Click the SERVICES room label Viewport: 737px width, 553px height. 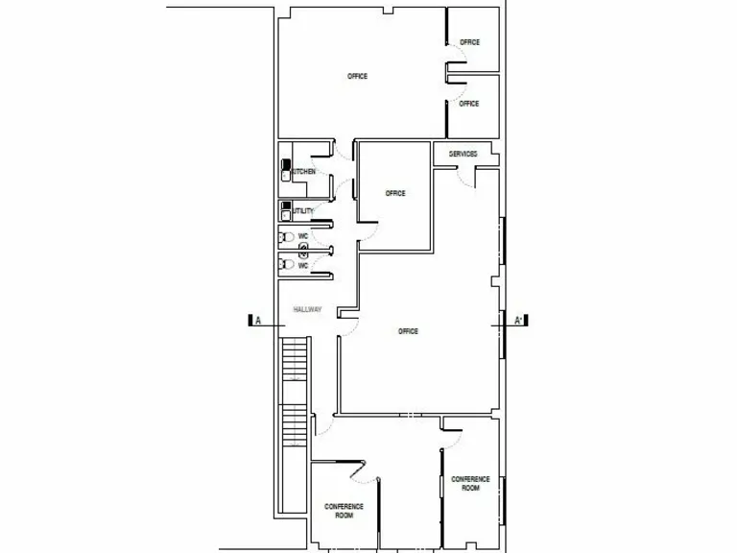click(x=463, y=154)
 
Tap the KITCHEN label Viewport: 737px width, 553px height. click(x=303, y=172)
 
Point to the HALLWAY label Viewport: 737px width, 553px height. click(x=307, y=309)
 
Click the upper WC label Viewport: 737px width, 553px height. click(x=302, y=236)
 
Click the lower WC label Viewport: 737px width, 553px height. click(x=302, y=265)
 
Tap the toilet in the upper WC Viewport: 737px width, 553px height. click(x=284, y=236)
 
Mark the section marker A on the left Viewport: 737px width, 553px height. click(x=257, y=321)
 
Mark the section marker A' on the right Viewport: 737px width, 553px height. click(x=518, y=321)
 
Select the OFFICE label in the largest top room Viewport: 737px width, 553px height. click(x=357, y=77)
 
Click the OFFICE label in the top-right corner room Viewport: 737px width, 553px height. click(x=469, y=42)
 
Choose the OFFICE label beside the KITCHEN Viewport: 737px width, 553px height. click(x=395, y=194)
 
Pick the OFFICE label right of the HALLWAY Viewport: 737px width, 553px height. click(x=408, y=331)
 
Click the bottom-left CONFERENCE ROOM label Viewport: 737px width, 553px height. click(x=343, y=511)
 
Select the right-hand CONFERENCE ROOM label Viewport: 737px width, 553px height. click(x=470, y=483)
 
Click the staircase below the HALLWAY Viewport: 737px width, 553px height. click(x=296, y=394)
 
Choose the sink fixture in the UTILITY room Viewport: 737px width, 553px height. click(x=285, y=206)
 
